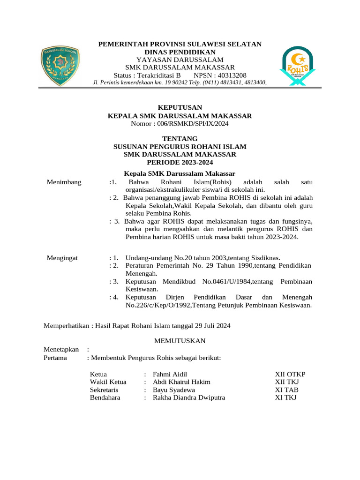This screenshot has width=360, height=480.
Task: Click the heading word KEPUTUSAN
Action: click(180, 107)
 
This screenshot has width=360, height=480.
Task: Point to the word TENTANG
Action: click(180, 139)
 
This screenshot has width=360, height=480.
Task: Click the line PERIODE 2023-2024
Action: click(180, 163)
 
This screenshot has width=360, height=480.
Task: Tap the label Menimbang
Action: click(64, 182)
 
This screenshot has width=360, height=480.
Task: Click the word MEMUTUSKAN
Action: click(180, 341)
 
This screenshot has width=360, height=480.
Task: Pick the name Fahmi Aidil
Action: click(170, 375)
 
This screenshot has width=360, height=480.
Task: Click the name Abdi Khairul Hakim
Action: click(182, 382)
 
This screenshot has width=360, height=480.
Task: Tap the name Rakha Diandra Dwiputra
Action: click(189, 397)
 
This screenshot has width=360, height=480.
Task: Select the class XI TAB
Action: click(286, 390)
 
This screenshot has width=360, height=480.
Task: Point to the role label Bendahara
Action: click(105, 397)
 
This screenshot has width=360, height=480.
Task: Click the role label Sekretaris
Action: click(104, 390)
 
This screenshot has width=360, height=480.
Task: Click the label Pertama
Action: click(55, 358)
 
